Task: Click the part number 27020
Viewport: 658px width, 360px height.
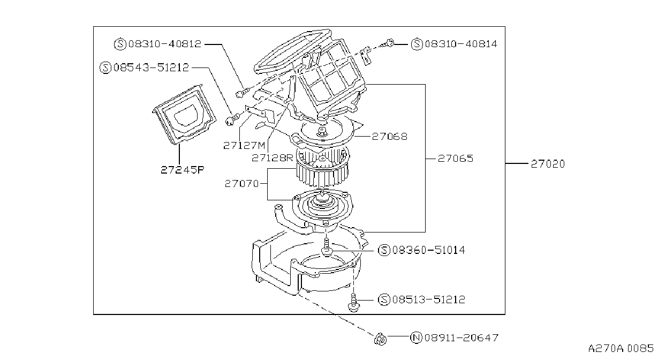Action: [x=548, y=164]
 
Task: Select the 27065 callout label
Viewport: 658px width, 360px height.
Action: [x=455, y=159]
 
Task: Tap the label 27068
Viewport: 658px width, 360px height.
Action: [x=390, y=137]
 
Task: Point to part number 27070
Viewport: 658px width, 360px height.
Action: [x=241, y=184]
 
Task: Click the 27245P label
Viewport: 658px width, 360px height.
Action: [x=182, y=170]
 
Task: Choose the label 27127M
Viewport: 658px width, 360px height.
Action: [x=244, y=145]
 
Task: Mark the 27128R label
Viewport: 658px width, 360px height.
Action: [x=273, y=158]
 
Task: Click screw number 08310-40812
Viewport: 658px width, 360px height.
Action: [x=165, y=44]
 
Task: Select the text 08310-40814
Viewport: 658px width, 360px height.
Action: [x=461, y=44]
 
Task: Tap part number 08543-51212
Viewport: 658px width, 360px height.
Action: [x=151, y=67]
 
